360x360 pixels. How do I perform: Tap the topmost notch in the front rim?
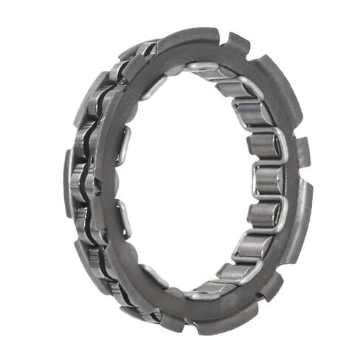point(223,35)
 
